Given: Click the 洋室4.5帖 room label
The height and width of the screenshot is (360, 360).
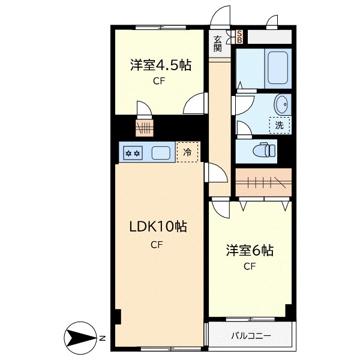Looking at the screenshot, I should (x=160, y=65).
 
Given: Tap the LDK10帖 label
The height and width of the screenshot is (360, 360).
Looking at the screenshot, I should (x=158, y=227).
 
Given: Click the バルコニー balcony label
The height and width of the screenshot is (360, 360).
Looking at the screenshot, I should (x=251, y=336).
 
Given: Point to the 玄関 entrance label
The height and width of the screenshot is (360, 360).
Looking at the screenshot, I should (x=218, y=43).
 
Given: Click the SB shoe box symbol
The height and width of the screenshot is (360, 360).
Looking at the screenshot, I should (x=239, y=37).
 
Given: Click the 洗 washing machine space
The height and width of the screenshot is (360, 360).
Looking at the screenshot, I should (x=279, y=125).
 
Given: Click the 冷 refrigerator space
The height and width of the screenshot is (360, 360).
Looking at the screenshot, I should (x=188, y=152).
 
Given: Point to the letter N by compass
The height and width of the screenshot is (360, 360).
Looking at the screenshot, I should (x=102, y=338).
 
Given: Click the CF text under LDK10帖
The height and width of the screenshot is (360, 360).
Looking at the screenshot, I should (x=157, y=244).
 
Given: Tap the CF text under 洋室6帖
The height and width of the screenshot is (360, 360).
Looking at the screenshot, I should (x=250, y=267).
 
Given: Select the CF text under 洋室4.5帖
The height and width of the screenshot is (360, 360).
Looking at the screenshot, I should (x=158, y=82).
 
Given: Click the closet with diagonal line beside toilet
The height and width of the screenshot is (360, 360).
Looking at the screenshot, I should (x=263, y=183).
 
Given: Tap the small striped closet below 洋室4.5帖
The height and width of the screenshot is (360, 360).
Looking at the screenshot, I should (x=145, y=127).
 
